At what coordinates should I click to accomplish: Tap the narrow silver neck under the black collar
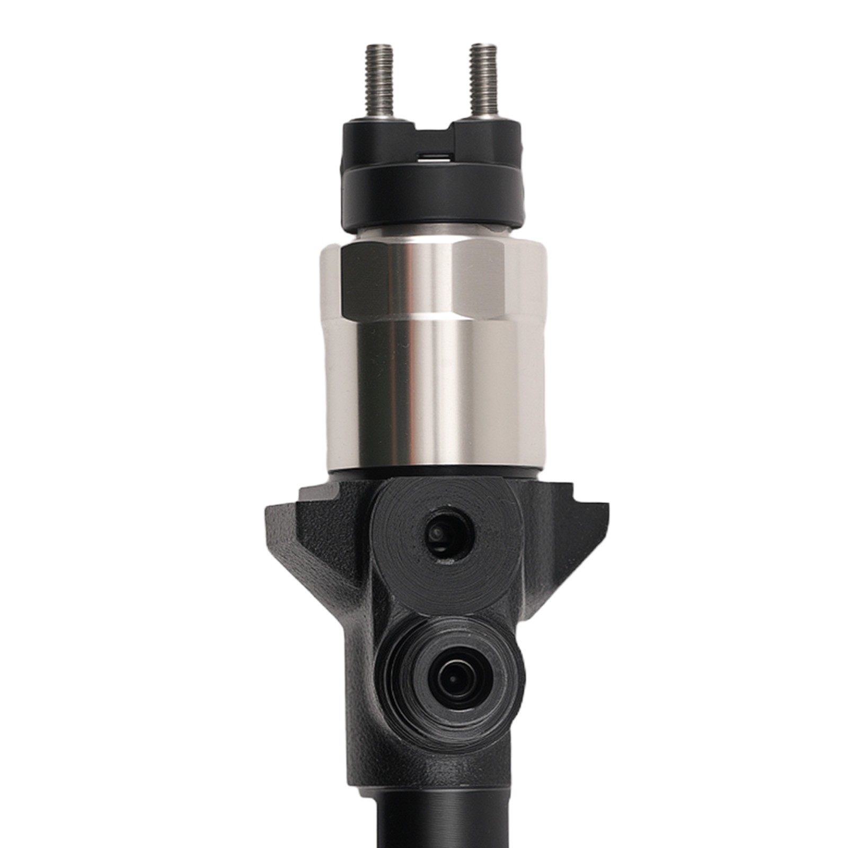pyautogui.click(x=432, y=232)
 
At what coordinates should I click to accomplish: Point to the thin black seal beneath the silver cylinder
pyautogui.click(x=432, y=471)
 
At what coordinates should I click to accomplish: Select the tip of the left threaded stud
pyautogui.click(x=379, y=49)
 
